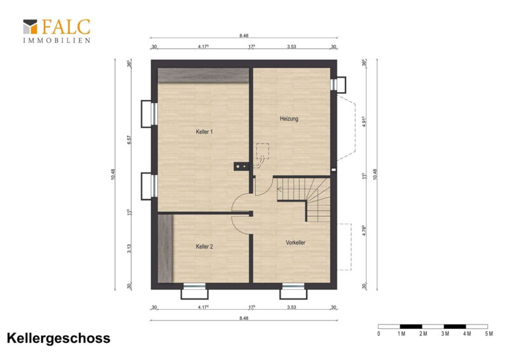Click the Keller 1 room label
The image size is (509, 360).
[204, 132]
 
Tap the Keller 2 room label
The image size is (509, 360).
[204, 247]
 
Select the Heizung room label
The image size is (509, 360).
[289, 119]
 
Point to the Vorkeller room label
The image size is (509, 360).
[295, 242]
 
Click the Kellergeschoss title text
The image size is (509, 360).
[59, 338]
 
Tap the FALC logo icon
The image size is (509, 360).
[30, 27]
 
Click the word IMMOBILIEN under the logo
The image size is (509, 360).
[57, 41]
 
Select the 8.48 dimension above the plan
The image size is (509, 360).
[244, 36]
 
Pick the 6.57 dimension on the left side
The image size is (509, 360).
[129, 140]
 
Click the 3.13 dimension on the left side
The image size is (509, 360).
[129, 248]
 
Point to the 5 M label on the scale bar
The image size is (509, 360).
[489, 334]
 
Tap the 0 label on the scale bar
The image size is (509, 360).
[379, 334]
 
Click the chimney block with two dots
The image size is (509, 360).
[241, 167]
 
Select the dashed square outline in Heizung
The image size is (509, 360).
[262, 151]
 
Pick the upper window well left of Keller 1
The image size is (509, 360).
[147, 114]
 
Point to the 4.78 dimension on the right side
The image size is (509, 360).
[364, 230]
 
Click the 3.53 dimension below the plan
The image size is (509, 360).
[291, 307]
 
